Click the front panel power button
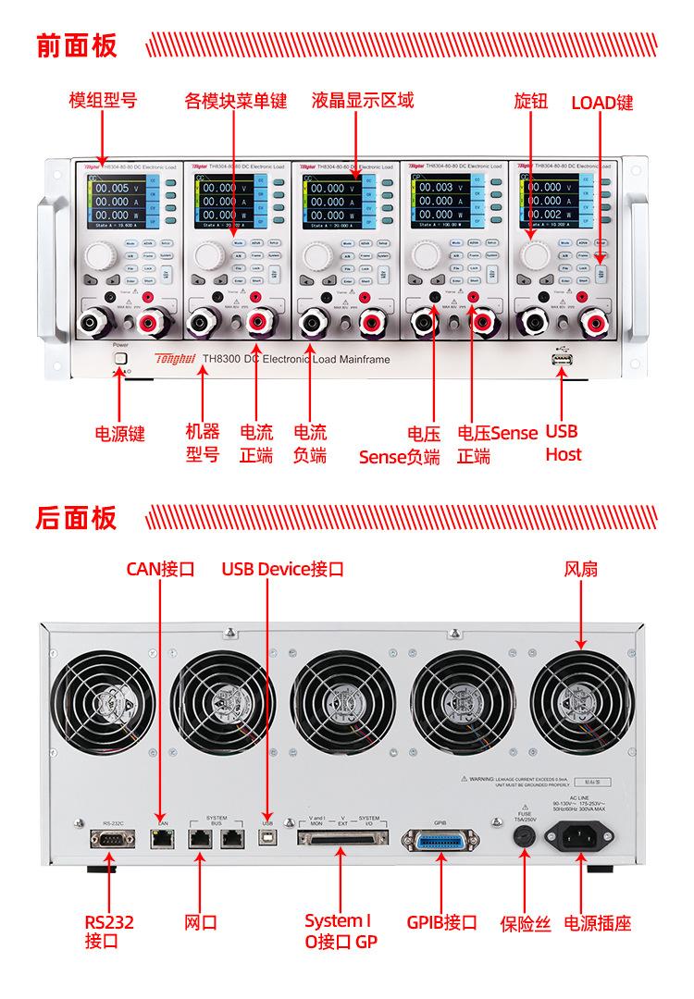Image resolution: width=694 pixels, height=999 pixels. click(119, 359)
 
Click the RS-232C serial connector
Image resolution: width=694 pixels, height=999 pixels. click(109, 839)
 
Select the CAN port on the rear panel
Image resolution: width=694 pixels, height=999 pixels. click(163, 839)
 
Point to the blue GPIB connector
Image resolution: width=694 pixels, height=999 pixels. click(440, 840)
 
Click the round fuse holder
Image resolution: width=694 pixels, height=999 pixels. click(525, 837)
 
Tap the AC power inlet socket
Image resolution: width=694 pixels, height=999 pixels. click(583, 838)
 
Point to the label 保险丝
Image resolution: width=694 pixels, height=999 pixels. click(525, 922)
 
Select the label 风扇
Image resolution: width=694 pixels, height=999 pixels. click(581, 568)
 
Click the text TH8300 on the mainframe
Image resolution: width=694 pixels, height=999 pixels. click(221, 359)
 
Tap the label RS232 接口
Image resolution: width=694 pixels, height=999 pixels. click(109, 931)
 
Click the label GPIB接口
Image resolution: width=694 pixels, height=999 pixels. click(441, 922)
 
